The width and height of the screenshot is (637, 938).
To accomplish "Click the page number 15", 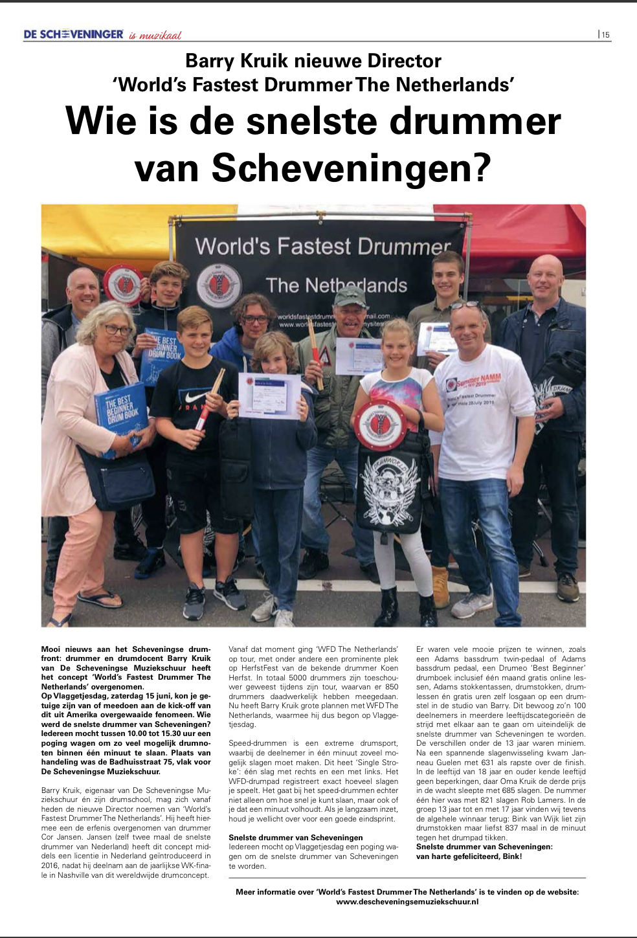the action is coord(605,35).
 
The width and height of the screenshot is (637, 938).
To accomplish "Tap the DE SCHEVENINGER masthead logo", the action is coord(73,34).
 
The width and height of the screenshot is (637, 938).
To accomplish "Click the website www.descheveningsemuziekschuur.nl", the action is coord(407,901).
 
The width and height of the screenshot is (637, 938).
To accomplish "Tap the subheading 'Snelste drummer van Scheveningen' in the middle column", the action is coord(295,837).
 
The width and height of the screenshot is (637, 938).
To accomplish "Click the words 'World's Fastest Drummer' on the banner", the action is coord(322,247).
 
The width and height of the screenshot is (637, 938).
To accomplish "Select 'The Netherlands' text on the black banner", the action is coord(337,285).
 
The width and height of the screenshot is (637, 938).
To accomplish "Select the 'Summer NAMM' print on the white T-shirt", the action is coord(478,381).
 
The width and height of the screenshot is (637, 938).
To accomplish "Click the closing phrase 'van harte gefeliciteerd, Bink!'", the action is coord(469,856).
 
